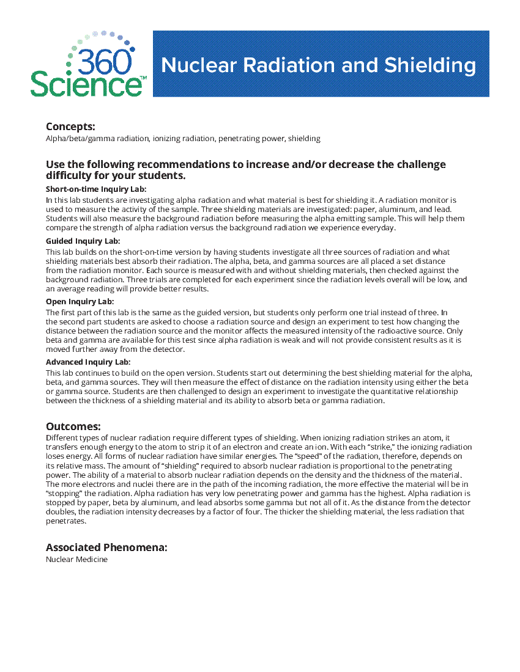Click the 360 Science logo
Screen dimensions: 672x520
coord(87,64)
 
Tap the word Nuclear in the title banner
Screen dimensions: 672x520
coord(199,65)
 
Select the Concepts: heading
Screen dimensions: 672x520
coord(70,126)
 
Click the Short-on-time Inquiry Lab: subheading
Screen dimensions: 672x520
coord(96,189)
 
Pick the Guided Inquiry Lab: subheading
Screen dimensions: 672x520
coord(83,241)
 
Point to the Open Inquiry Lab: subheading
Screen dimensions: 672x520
coord(80,302)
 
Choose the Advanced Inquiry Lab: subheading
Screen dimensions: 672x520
coord(88,362)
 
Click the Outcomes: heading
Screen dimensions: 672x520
coord(73,426)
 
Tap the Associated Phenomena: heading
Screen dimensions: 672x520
coord(106,547)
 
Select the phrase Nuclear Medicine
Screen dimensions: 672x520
coord(76,560)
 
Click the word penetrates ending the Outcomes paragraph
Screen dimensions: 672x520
coord(65,522)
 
